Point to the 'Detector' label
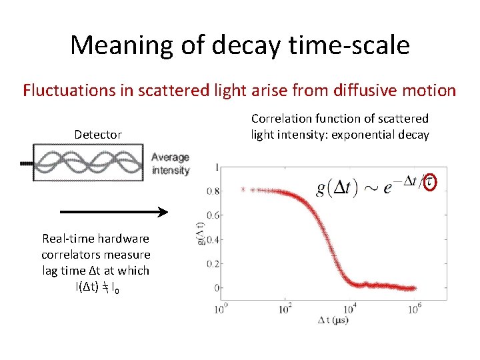coord(98,135)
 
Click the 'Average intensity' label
coord(170,163)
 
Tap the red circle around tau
coord(431,182)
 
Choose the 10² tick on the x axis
coord(285,309)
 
